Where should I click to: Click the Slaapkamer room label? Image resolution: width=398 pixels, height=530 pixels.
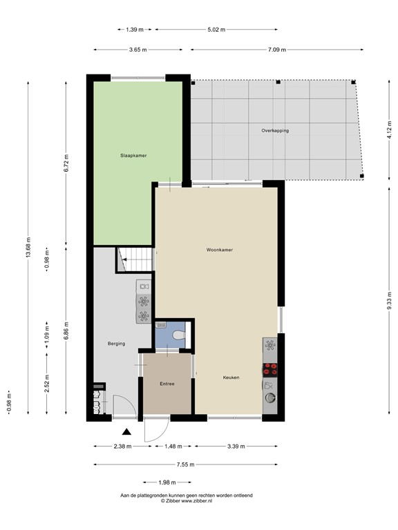(x=133, y=156)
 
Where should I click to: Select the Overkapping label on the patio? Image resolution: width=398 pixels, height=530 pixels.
(x=275, y=130)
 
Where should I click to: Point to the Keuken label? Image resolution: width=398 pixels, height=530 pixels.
(x=231, y=377)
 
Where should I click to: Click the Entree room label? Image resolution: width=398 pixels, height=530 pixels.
(x=167, y=384)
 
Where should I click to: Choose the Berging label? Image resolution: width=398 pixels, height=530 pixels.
(x=116, y=344)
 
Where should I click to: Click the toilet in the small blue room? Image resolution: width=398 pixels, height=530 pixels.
(x=178, y=335)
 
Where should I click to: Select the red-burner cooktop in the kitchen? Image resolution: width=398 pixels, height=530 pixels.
(x=270, y=368)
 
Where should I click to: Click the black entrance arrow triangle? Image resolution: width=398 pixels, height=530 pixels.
(x=126, y=432)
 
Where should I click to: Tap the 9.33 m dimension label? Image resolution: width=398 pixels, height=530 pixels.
(x=389, y=301)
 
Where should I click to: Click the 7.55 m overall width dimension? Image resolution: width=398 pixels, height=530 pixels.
(x=184, y=464)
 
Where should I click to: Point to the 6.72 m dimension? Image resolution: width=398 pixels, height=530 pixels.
(x=66, y=163)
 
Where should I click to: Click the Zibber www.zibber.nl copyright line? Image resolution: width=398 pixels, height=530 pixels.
(x=187, y=502)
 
